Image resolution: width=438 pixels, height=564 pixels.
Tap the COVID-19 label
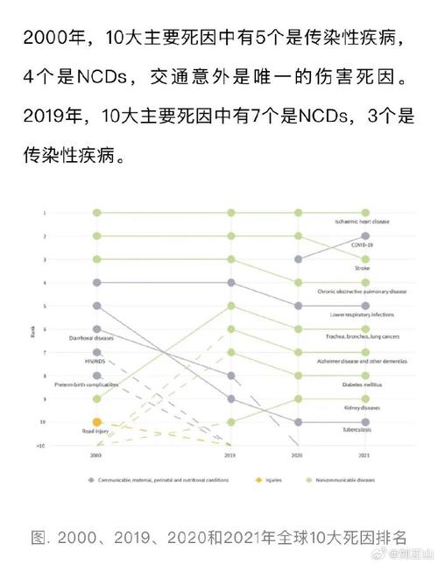click(363, 245)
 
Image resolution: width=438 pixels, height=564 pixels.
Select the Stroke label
click(363, 268)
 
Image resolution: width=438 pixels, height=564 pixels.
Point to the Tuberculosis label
click(363, 432)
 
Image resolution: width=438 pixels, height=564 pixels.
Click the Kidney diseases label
click(363, 408)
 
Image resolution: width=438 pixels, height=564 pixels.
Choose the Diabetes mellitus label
click(363, 384)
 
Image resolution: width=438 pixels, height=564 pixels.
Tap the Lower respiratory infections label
click(363, 314)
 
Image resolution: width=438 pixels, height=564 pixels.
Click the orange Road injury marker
click(97, 422)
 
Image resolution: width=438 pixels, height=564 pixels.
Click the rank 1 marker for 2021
click(365, 213)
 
